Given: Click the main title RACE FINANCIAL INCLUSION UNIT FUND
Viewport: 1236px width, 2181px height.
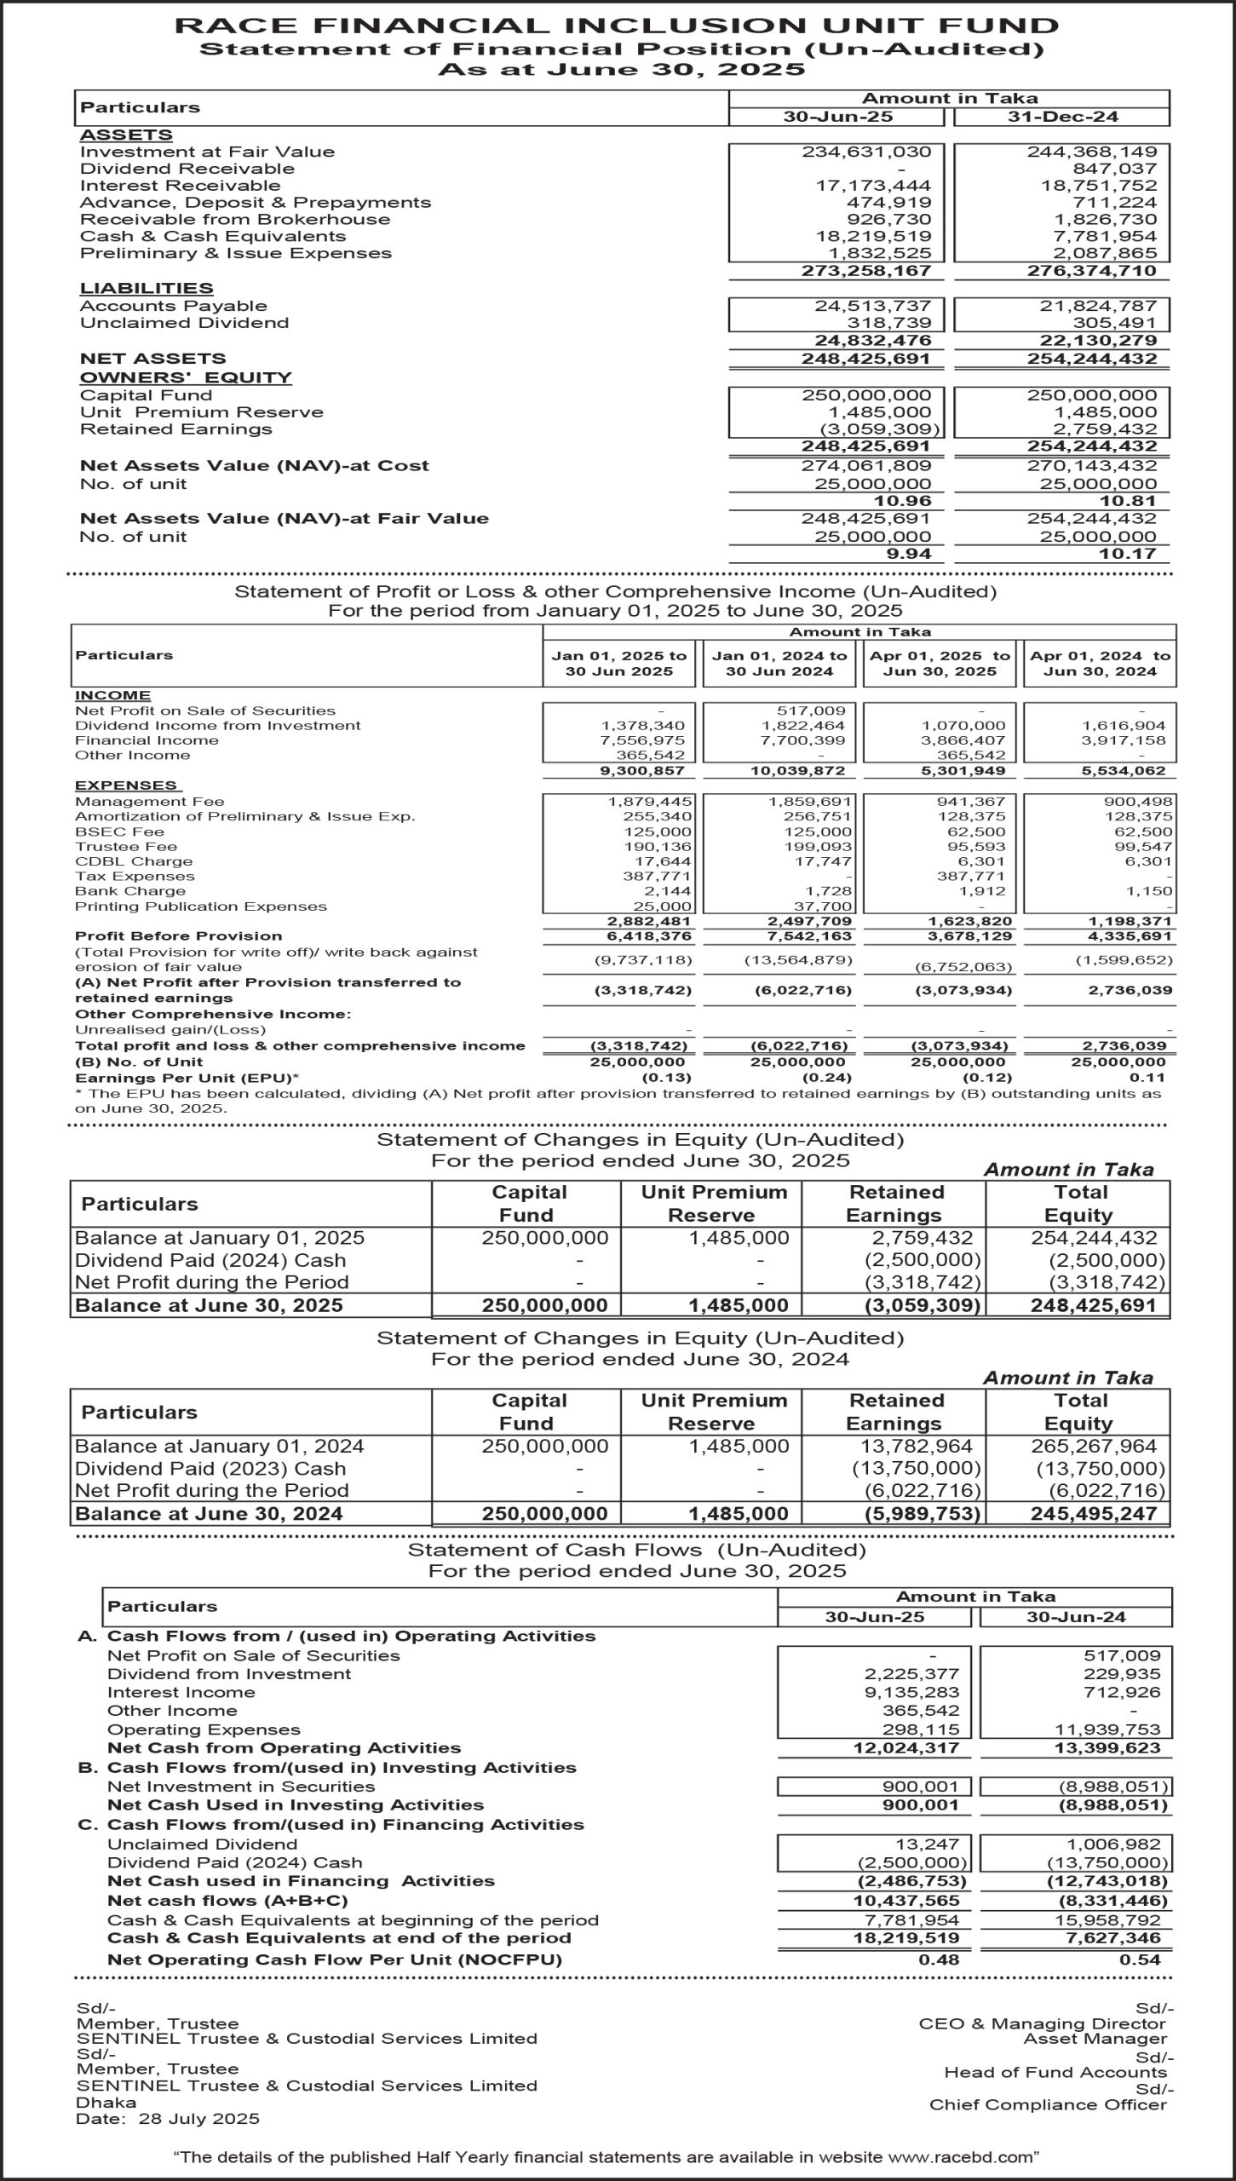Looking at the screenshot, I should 617,26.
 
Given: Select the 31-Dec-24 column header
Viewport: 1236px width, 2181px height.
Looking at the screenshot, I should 1062,118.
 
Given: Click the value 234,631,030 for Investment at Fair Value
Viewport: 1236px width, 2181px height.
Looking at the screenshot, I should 866,152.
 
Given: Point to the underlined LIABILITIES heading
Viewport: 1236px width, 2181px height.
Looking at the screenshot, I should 147,289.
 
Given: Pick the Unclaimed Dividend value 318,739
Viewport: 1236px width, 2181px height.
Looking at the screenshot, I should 889,323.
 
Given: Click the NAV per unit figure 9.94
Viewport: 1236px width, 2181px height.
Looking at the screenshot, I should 910,555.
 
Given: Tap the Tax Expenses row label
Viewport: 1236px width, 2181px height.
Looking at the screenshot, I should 135,877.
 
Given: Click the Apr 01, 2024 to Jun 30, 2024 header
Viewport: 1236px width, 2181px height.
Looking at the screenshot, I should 1100,664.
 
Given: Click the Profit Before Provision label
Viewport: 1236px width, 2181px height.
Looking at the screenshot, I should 179,936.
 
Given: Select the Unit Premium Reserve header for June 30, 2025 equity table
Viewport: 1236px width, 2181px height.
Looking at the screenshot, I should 714,1204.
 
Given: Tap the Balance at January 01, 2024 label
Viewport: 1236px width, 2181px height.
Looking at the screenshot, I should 220,1447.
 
